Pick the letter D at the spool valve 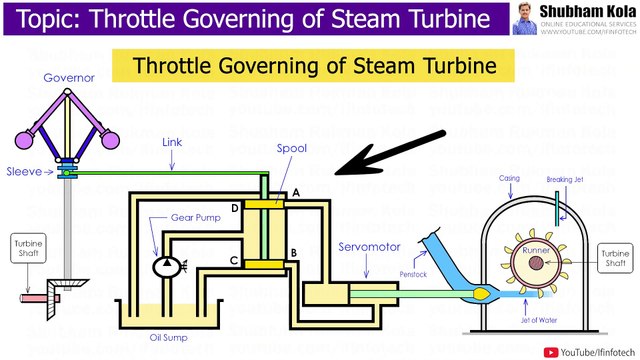(234, 208)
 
